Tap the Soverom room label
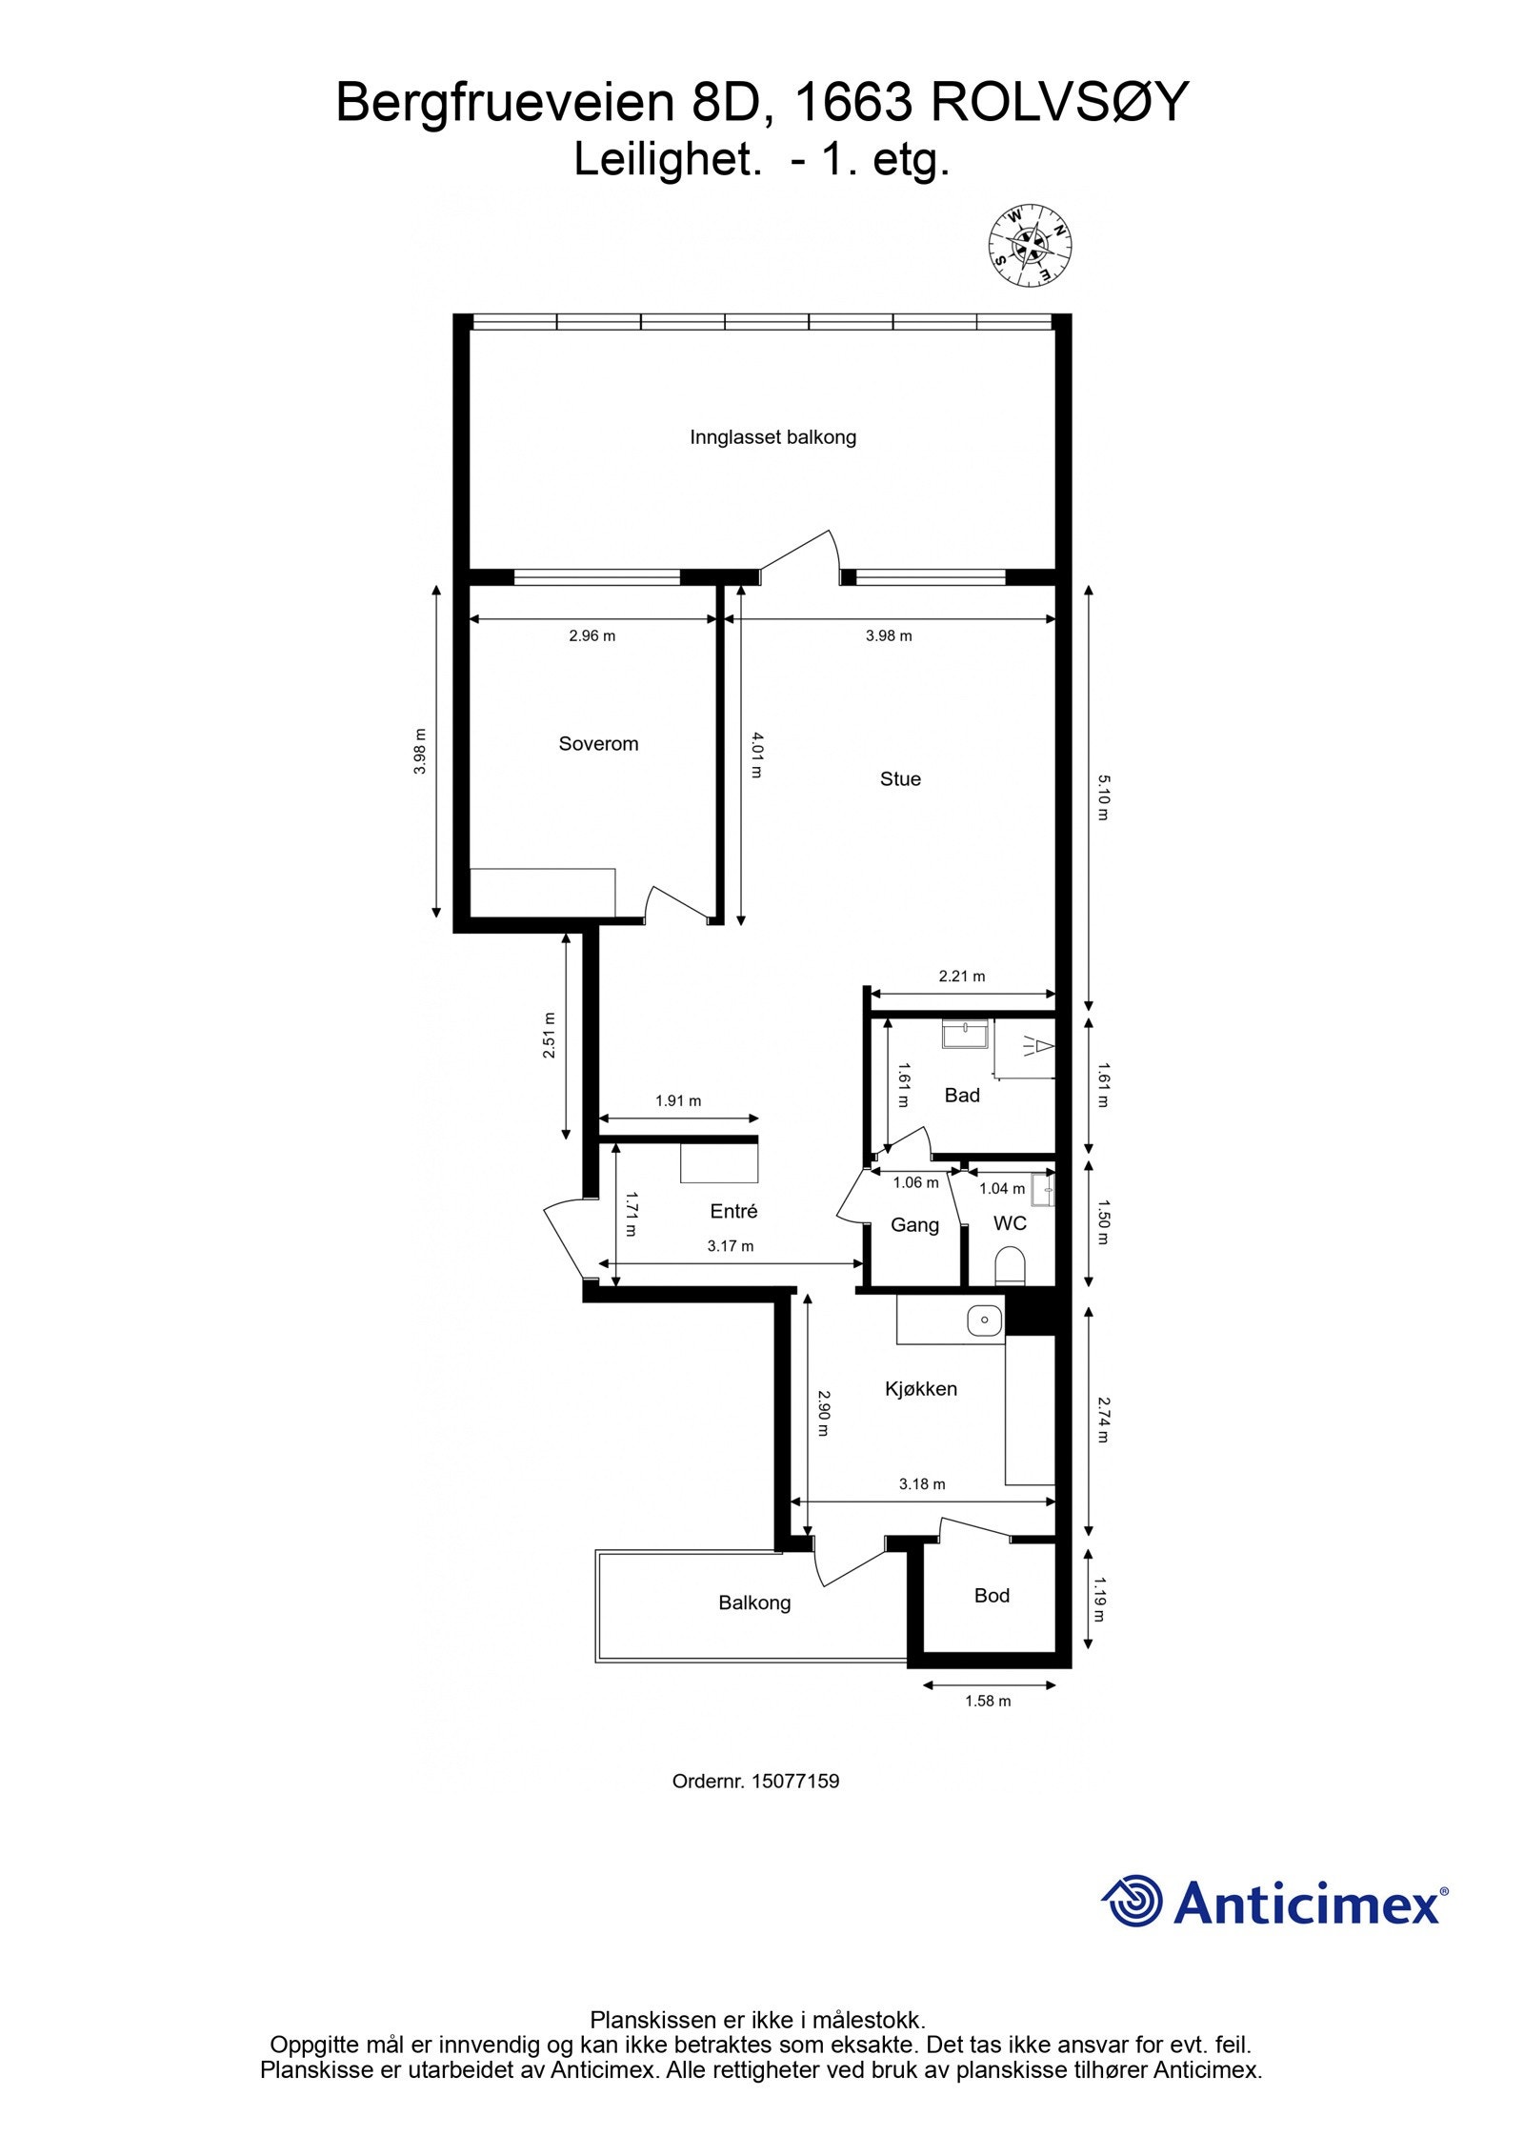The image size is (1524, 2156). [598, 744]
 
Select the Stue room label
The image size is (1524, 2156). [900, 779]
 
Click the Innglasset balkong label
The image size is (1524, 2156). [772, 437]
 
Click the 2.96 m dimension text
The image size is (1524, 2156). [592, 636]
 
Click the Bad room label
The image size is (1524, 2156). [962, 1096]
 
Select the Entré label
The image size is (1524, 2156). [733, 1211]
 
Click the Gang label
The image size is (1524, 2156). [914, 1225]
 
